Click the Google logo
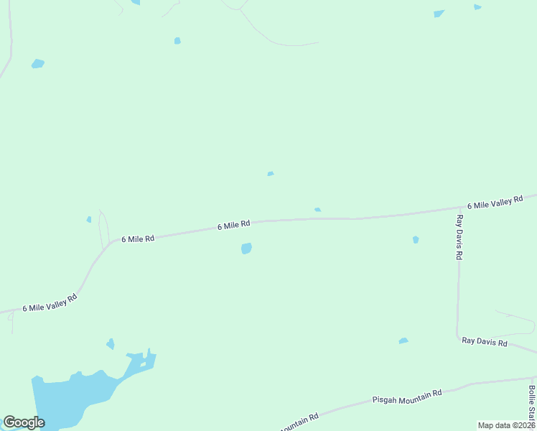24,422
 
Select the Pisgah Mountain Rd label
406,396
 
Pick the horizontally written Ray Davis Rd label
485,343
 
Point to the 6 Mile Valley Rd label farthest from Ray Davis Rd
50,303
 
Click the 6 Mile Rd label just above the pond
234,226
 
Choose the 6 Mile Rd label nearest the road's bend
138,238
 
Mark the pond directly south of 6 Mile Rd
246,249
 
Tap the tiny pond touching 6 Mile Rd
317,210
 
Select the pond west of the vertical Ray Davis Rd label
416,239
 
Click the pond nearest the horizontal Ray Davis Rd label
403,340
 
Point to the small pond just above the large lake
110,343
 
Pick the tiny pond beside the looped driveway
89,219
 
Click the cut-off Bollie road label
532,402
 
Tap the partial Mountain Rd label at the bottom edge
298,424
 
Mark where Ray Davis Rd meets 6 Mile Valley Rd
457,209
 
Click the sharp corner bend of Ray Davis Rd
458,335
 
